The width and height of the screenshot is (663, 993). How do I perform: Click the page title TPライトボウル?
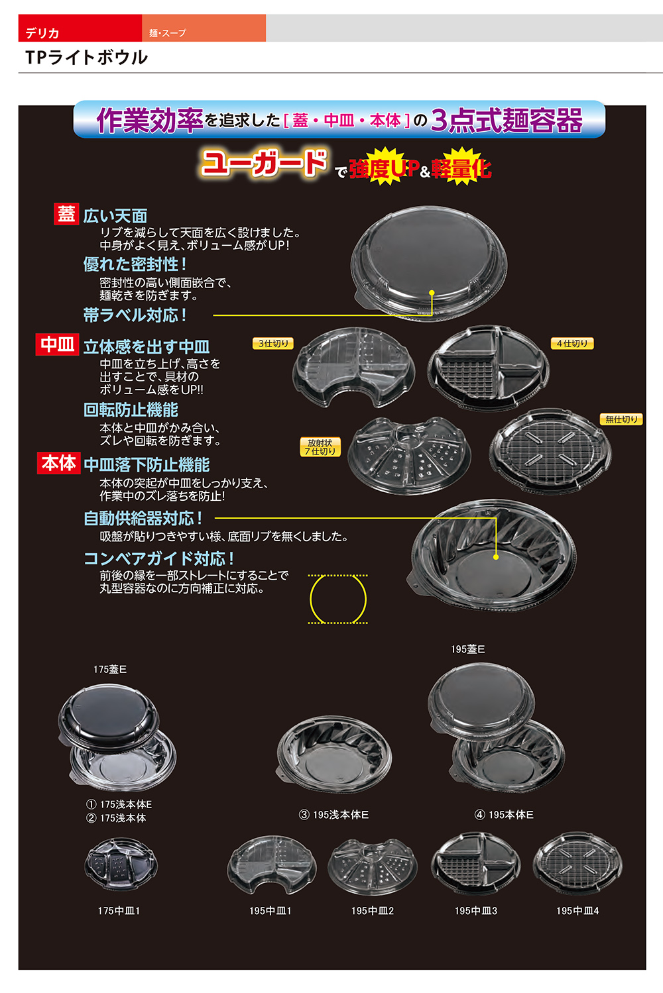[86, 58]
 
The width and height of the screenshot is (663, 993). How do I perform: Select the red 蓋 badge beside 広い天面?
[66, 214]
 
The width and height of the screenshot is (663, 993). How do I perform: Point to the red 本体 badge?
[58, 463]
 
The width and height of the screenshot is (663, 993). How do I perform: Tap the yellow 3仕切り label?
[273, 343]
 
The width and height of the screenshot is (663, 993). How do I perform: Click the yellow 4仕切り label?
[572, 343]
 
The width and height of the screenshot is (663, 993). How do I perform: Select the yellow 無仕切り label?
[621, 419]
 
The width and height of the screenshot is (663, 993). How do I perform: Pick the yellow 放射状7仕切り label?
[320, 447]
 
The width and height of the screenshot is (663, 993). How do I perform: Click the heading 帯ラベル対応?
[135, 315]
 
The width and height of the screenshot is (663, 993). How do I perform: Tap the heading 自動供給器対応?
[143, 518]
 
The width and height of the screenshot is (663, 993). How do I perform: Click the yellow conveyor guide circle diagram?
[337, 600]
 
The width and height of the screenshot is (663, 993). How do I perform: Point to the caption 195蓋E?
[467, 649]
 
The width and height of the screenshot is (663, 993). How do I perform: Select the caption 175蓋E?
[110, 669]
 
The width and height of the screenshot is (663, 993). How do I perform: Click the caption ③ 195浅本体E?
[333, 815]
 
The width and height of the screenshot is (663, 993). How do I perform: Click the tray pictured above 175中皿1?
[121, 864]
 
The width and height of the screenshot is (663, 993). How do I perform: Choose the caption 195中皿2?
[373, 911]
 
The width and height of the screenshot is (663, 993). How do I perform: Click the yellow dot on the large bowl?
[496, 557]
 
